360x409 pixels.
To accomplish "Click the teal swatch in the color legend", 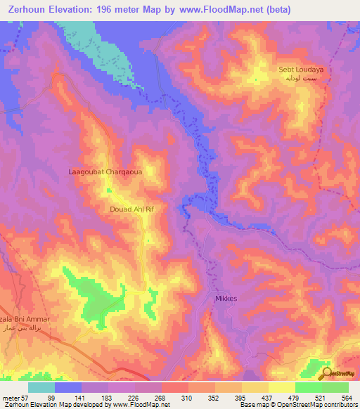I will click(41, 387).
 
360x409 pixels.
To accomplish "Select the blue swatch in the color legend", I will click(68, 387).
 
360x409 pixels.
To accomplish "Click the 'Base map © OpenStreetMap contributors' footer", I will click(298, 405).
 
